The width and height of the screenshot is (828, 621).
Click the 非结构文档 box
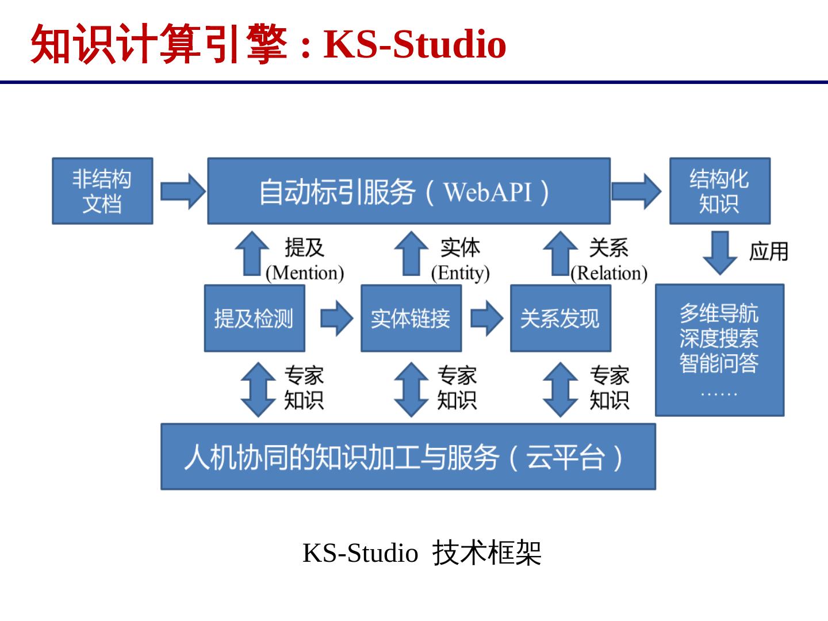102,191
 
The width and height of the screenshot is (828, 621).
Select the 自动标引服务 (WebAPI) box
408,191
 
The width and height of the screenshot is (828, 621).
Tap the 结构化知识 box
719,191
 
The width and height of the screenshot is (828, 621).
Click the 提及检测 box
254,318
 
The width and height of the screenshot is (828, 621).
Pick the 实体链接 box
411,318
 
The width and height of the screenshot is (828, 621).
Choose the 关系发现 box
560,318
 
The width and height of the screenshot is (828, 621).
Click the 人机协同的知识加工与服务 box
408,457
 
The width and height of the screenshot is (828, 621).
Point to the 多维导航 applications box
719,350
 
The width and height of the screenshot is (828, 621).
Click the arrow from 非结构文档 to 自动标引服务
182,191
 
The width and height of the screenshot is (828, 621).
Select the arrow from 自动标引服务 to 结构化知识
636,191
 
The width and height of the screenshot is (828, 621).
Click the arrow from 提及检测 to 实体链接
336,318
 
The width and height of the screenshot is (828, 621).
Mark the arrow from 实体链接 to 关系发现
486,318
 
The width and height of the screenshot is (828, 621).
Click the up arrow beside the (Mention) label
252,253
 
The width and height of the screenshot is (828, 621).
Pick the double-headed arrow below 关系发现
560,389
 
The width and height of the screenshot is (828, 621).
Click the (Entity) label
460,273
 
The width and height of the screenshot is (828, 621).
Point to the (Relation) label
609,273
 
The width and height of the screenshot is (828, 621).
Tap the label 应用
768,252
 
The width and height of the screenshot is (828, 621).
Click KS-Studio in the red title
415,44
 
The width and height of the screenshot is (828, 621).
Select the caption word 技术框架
486,553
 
